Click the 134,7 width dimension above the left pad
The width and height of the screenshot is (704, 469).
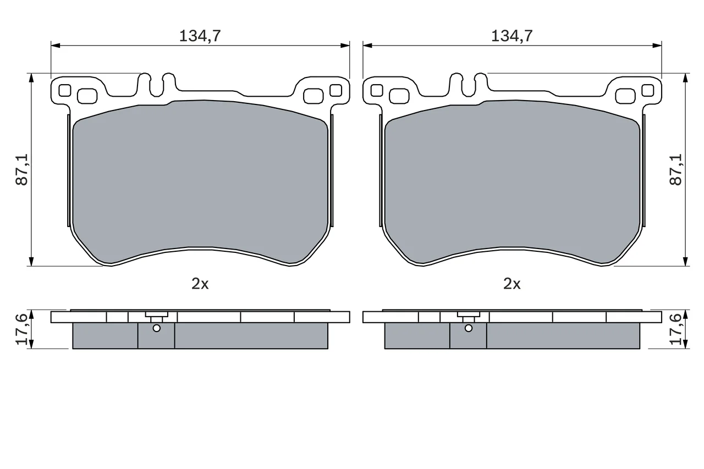click(200, 36)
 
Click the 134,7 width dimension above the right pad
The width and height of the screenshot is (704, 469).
click(512, 36)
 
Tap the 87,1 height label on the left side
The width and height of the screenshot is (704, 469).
click(22, 169)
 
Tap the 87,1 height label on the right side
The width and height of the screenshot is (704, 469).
click(676, 169)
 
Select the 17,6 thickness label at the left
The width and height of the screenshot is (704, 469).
click(22, 329)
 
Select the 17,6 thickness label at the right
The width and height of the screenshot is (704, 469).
click(676, 329)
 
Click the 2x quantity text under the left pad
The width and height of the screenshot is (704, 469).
click(200, 284)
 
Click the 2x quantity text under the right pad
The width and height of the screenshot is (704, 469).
click(512, 284)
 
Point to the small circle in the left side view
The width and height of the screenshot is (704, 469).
click(156, 328)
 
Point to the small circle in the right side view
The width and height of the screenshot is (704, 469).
click(468, 328)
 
